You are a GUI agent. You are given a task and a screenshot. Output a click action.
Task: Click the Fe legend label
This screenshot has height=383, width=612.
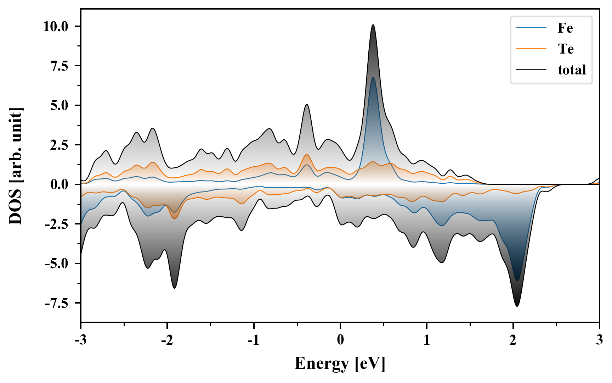click(x=565, y=28)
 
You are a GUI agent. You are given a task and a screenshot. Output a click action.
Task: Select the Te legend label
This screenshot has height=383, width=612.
click(x=566, y=49)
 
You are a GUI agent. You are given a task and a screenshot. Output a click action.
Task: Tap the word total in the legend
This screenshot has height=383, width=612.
click(x=572, y=70)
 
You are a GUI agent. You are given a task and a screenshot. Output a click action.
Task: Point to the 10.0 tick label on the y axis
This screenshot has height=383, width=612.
click(x=56, y=27)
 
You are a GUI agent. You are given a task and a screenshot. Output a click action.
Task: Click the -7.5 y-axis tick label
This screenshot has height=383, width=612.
click(x=57, y=303)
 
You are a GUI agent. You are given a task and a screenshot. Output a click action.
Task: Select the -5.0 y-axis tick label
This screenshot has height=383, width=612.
click(x=57, y=264)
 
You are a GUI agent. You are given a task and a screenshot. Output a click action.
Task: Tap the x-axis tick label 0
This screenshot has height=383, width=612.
click(x=340, y=340)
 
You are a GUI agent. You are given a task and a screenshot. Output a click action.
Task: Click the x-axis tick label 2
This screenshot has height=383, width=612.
click(x=513, y=340)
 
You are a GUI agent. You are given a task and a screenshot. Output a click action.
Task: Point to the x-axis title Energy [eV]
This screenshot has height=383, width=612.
click(x=340, y=363)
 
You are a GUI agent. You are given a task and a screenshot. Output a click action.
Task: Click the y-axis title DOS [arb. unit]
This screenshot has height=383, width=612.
click(x=16, y=166)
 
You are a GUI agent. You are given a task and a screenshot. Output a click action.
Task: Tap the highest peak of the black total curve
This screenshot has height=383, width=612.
click(x=373, y=25)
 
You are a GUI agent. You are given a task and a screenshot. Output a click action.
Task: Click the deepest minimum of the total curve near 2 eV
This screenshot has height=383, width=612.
click(x=517, y=306)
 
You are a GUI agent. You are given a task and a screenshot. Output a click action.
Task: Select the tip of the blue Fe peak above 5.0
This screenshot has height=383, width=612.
click(x=373, y=77)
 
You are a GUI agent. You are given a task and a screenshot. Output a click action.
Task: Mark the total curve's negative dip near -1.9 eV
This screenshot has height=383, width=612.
click(x=175, y=288)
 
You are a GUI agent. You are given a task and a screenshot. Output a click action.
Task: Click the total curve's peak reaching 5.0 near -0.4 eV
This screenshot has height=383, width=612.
click(x=307, y=104)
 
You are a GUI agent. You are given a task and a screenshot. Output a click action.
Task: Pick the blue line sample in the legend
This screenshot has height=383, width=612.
click(x=531, y=28)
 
